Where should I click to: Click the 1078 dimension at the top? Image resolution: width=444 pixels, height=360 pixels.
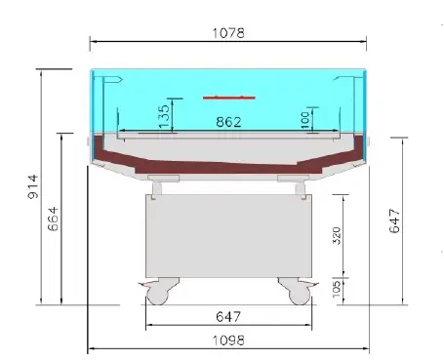pyautogui.click(x=228, y=33)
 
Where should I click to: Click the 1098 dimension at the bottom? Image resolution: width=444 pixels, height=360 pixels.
pyautogui.click(x=228, y=340)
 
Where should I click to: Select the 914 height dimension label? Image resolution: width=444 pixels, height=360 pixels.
pyautogui.click(x=33, y=186)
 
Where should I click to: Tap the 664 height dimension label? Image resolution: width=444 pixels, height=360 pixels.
pyautogui.click(x=53, y=219)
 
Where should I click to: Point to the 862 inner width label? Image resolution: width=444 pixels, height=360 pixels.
pyautogui.click(x=228, y=122)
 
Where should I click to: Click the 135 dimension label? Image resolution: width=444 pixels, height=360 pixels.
pyautogui.click(x=164, y=115)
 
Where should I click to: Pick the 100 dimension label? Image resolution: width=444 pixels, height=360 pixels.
pyautogui.click(x=304, y=120)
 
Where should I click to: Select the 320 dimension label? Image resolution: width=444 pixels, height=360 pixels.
pyautogui.click(x=337, y=236)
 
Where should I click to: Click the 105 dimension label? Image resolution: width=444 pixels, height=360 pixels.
pyautogui.click(x=337, y=289)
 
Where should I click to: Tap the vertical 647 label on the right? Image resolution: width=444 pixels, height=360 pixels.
pyautogui.click(x=394, y=221)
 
